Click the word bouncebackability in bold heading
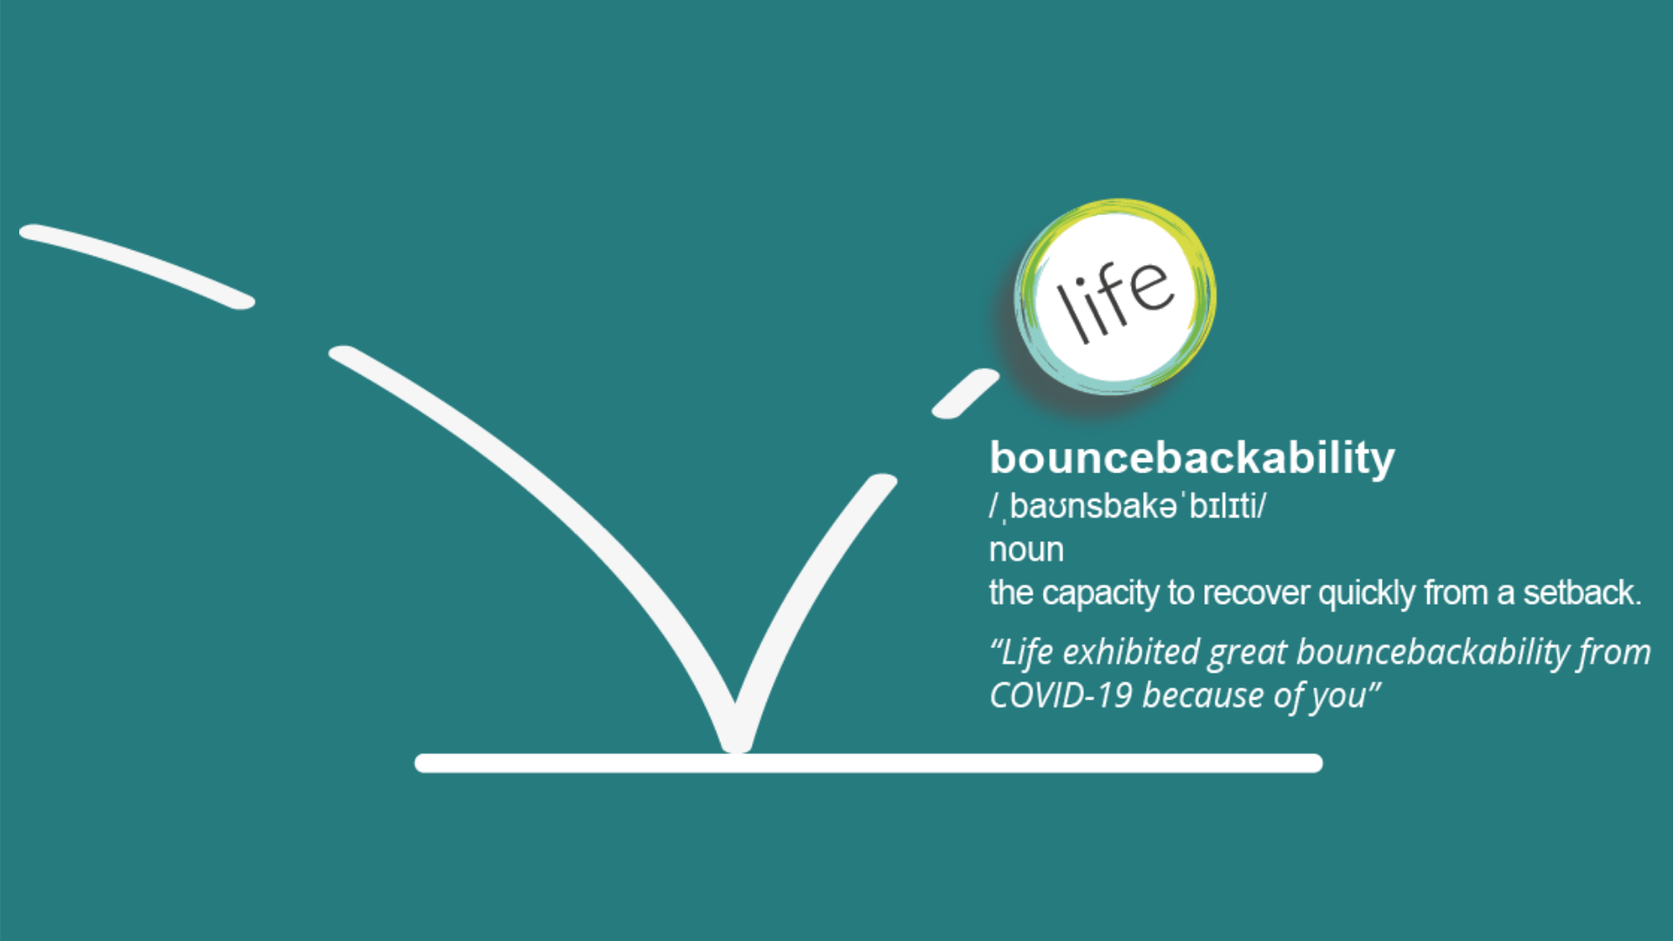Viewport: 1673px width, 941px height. pos(1192,459)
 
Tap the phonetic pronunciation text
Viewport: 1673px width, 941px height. pos(1128,506)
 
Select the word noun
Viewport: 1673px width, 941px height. pos(1026,550)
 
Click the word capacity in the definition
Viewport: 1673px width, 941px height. pos(1101,594)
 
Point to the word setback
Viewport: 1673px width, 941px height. pos(1582,592)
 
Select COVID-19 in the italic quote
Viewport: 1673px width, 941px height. pos(1060,695)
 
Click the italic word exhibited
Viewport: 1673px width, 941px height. pos(1131,652)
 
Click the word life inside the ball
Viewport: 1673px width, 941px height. pos(1114,299)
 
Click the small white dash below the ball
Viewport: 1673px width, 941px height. pos(965,394)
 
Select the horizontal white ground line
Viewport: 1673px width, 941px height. pos(869,763)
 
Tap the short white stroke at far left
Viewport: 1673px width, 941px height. pos(137,265)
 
